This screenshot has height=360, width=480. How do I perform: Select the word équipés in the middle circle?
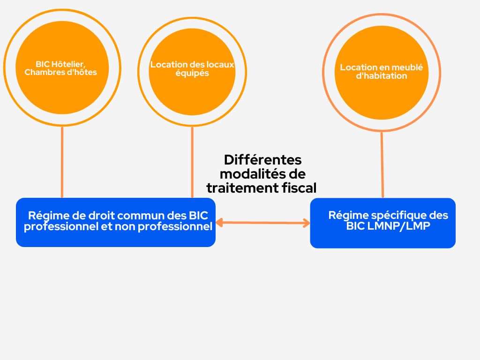(192, 74)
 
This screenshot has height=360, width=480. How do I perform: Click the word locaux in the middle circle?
(220, 65)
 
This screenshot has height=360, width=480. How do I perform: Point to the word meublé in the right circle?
(407, 67)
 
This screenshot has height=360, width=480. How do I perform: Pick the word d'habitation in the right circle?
(382, 76)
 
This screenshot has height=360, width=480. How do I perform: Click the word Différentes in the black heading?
(262, 160)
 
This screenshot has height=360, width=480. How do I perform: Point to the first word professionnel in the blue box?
(60, 227)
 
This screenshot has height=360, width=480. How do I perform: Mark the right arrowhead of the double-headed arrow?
(307, 223)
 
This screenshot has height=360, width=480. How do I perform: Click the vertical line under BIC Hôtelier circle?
(62, 162)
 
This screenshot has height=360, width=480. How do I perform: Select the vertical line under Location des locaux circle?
(192, 162)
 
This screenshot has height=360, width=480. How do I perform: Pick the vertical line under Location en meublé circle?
(382, 165)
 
